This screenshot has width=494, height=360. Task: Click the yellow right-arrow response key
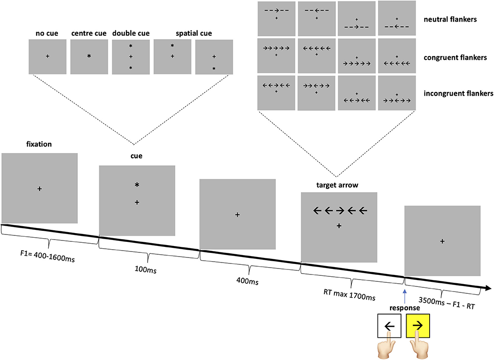[418, 326]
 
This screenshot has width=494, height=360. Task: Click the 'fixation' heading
[40, 144]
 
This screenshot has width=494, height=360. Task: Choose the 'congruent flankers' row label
[452, 57]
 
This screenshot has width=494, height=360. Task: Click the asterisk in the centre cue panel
[89, 56]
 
